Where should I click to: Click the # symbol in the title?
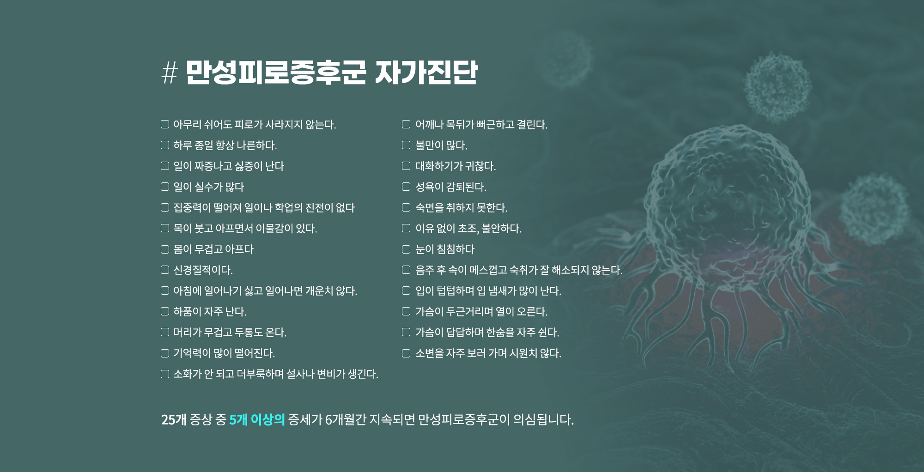[x=170, y=73]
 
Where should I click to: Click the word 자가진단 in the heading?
[x=426, y=73]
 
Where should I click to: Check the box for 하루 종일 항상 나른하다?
[x=165, y=145]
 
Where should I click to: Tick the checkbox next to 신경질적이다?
[x=165, y=270]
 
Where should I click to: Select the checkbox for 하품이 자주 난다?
[x=165, y=311]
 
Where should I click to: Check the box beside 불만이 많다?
[x=406, y=145]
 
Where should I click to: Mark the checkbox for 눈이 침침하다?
[x=406, y=249]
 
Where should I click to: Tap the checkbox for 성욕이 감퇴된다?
[x=406, y=187]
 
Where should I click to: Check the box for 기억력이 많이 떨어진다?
[x=165, y=353]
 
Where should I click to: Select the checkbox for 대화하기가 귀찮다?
[x=406, y=166]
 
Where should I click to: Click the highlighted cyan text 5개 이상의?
[x=257, y=419]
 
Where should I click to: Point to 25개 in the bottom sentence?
[x=174, y=419]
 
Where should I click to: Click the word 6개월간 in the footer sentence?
[x=346, y=419]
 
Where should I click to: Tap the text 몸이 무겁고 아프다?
[x=213, y=249]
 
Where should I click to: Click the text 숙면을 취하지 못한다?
[x=461, y=208]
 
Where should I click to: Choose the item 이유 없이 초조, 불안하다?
[x=468, y=229]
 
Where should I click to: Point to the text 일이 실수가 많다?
[x=208, y=187]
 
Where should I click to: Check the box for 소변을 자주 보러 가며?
[x=406, y=353]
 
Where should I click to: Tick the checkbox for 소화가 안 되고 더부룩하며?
[x=165, y=374]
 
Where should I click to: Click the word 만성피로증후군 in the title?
[x=276, y=73]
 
